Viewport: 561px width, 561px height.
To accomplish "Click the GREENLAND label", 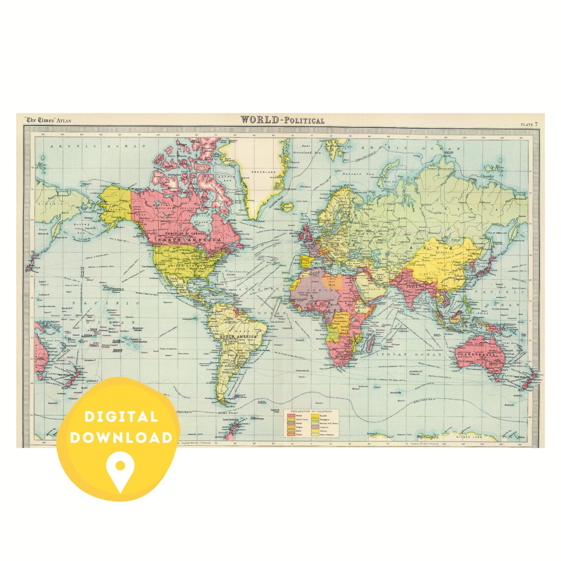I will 262,172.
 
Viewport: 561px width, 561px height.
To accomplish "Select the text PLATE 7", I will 529,125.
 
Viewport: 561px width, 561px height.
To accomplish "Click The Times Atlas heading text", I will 50,120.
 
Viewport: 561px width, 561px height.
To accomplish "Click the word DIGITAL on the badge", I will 121,417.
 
